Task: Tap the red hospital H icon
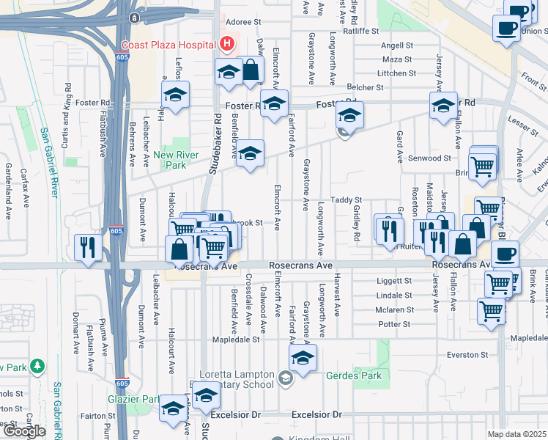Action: pyautogui.click(x=226, y=44)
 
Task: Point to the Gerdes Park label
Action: pyautogui.click(x=356, y=375)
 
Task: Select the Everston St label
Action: pyautogui.click(x=468, y=355)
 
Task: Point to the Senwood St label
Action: pyautogui.click(x=430, y=158)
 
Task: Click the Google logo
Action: pyautogui.click(x=23, y=431)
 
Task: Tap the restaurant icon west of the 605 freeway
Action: pyautogui.click(x=85, y=246)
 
